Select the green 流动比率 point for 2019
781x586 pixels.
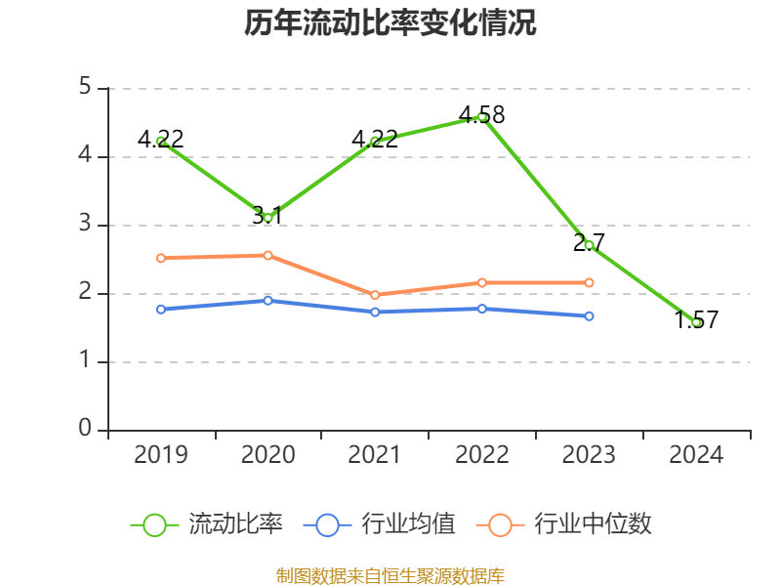point(161,141)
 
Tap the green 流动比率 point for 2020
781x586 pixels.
point(268,217)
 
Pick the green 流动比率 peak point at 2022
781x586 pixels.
point(482,116)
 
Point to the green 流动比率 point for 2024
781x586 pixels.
point(696,322)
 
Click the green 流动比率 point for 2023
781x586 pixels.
point(590,245)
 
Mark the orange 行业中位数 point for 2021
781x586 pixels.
point(375,295)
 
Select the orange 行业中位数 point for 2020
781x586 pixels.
point(268,255)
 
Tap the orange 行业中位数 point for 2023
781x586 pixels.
point(590,282)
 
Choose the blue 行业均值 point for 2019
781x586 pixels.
point(161,309)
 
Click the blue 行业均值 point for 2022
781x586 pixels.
point(482,309)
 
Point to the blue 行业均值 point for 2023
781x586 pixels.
point(590,315)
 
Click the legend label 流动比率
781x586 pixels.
point(235,524)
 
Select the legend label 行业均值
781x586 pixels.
point(408,524)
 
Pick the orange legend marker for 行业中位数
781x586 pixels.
point(500,524)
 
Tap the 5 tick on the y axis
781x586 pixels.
point(85,88)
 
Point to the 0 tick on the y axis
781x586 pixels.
point(85,430)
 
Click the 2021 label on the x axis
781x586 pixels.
point(375,455)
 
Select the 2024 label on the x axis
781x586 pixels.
point(696,455)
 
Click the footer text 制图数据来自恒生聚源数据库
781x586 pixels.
point(390,575)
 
